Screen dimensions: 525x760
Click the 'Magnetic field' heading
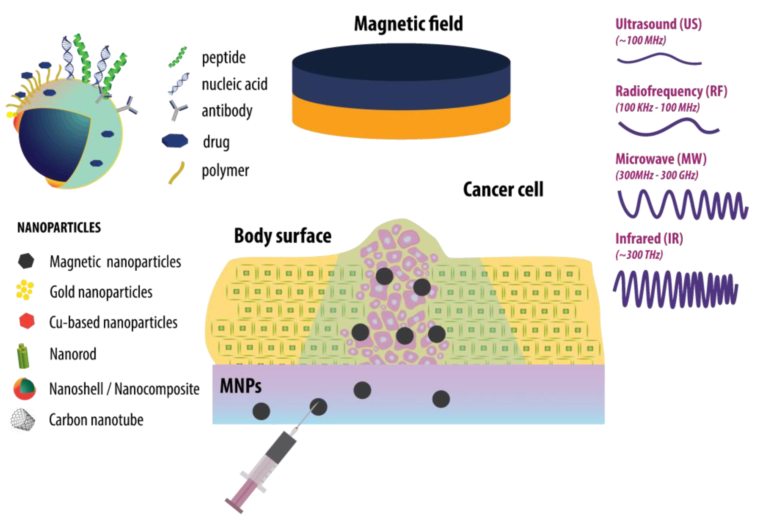[x=408, y=24]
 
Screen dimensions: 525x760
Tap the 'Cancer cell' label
[x=503, y=189]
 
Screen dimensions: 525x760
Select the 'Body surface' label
[x=282, y=236]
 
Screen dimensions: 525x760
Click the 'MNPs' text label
[x=241, y=386]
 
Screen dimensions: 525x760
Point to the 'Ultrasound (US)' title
[x=658, y=24]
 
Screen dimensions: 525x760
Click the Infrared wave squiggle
[x=675, y=289]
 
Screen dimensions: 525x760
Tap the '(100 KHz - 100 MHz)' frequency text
[x=657, y=108]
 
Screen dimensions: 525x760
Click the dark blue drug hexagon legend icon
[x=175, y=141]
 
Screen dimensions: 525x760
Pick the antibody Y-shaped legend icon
[x=178, y=110]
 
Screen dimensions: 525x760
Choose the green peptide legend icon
[x=178, y=57]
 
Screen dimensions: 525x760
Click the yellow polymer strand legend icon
[x=177, y=172]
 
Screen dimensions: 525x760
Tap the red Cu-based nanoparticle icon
[x=27, y=321]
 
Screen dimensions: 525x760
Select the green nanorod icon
[x=23, y=356]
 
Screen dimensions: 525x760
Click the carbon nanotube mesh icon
[x=22, y=420]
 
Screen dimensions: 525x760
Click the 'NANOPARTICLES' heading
[x=59, y=228]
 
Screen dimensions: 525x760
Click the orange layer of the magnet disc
[x=401, y=122]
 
